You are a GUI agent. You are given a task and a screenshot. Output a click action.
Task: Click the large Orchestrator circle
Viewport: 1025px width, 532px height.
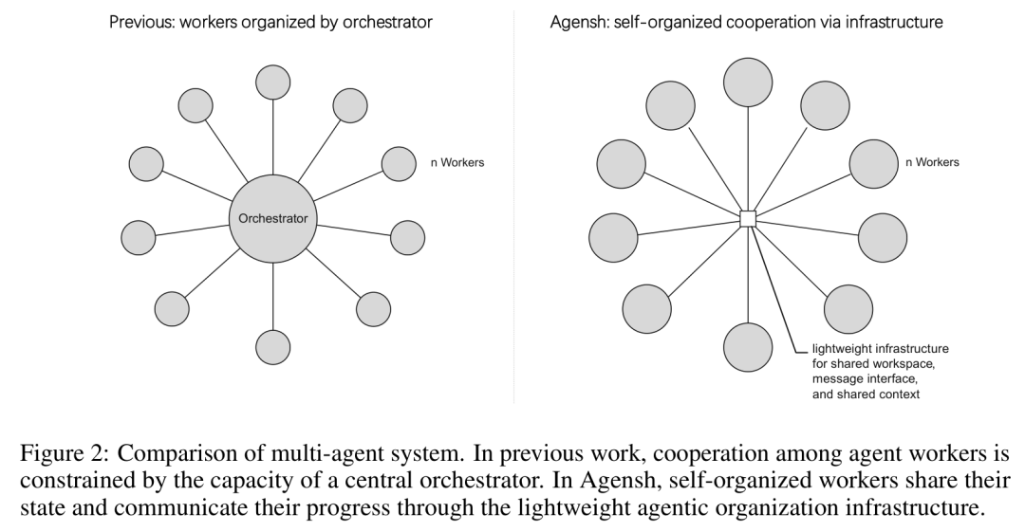click(272, 219)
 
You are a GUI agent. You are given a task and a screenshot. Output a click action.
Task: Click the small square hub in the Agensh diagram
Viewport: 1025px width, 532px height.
click(748, 219)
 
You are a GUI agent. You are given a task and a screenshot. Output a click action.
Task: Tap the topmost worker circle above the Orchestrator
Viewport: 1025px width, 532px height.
click(272, 83)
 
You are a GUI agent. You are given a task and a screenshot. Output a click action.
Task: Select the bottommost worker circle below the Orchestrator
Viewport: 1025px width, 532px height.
click(272, 347)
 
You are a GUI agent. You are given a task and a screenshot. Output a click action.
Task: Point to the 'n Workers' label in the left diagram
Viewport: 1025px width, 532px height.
click(457, 163)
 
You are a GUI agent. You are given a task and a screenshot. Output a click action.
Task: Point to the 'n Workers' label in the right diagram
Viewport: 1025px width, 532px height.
click(932, 162)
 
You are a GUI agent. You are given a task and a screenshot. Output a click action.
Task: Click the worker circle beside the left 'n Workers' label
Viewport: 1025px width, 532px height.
click(399, 163)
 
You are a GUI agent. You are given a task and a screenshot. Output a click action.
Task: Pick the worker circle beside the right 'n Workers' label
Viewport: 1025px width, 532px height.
click(874, 163)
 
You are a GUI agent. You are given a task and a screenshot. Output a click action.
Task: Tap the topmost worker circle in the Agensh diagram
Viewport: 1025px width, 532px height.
click(748, 83)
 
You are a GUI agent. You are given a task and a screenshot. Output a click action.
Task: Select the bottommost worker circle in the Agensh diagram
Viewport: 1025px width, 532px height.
click(748, 347)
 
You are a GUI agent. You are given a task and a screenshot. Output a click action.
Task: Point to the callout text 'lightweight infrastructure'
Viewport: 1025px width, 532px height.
click(880, 349)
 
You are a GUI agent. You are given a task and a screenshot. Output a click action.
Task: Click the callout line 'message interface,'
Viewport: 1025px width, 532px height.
click(865, 379)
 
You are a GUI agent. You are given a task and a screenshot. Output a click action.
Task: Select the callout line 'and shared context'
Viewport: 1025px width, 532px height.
click(867, 394)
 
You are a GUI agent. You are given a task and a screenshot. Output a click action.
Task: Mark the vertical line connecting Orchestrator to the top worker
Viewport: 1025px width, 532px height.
click(272, 138)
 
